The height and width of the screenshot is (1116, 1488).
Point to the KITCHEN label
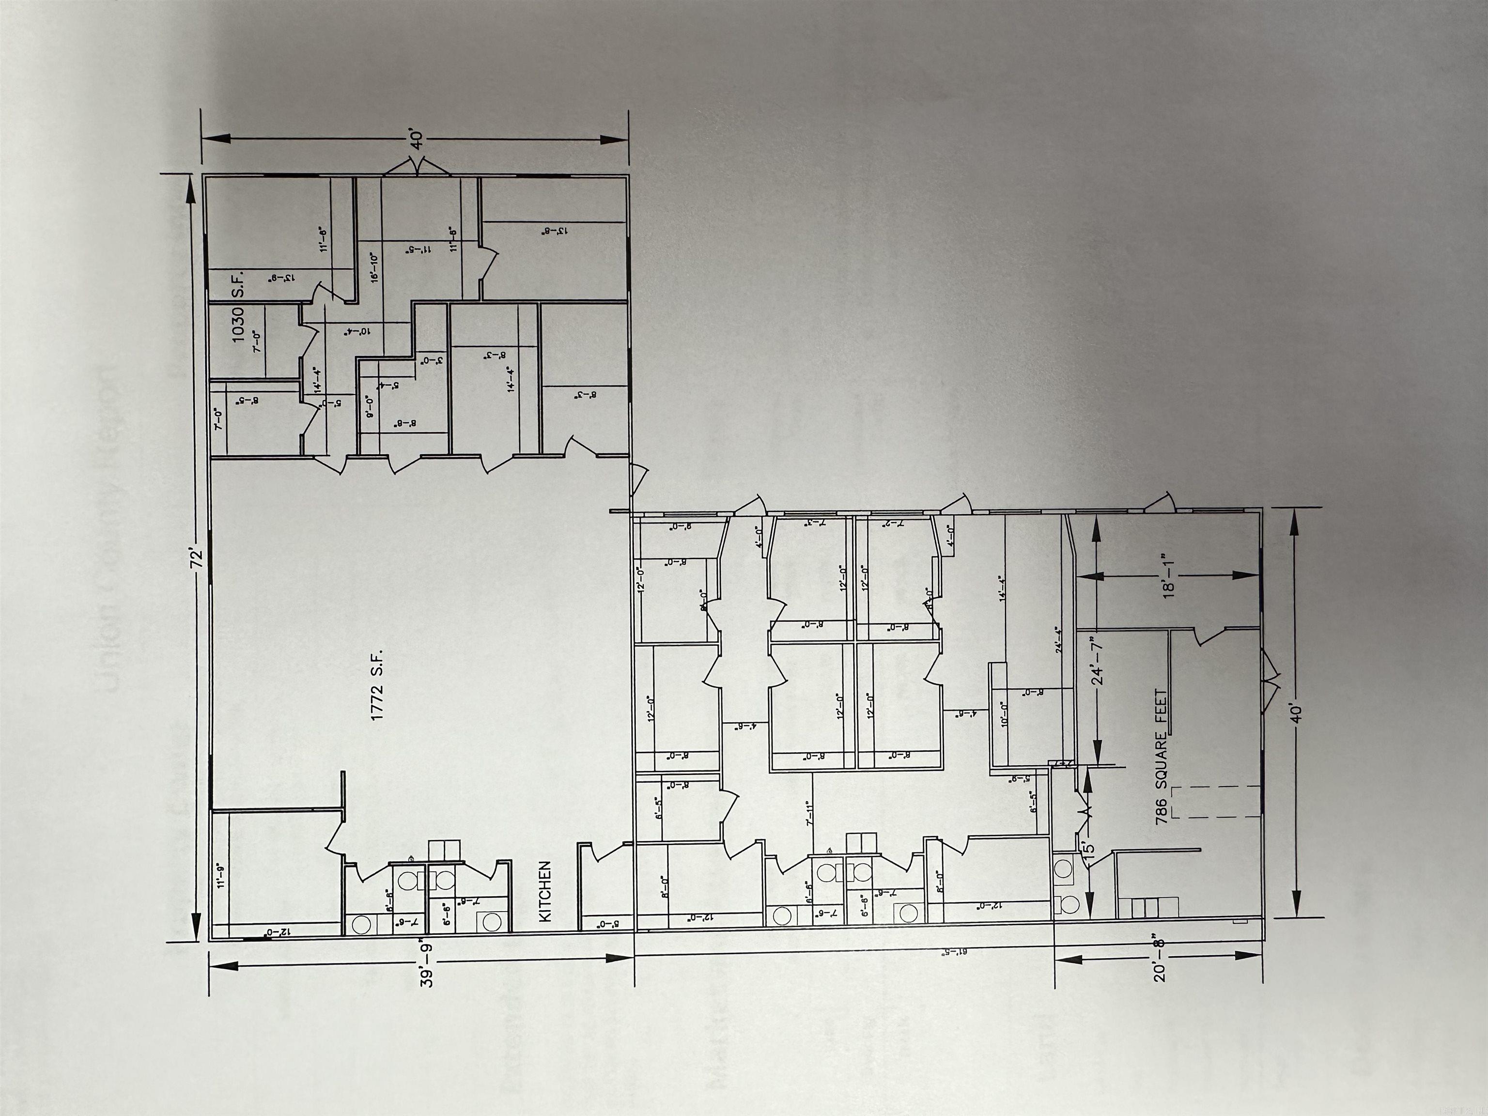click(x=545, y=891)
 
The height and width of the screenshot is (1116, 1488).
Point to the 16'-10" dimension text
click(x=374, y=266)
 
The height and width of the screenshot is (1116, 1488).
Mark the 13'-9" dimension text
click(x=281, y=277)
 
